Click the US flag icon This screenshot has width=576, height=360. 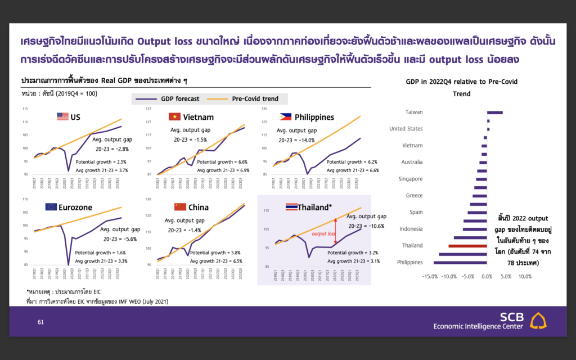click(x=62, y=116)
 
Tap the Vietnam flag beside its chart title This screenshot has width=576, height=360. click(x=174, y=116)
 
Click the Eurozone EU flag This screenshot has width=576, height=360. click(x=51, y=207)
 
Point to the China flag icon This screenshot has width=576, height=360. click(x=180, y=207)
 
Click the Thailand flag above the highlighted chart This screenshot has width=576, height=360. click(x=292, y=207)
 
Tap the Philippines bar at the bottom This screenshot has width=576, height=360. click(x=460, y=263)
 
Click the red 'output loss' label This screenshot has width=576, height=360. click(x=323, y=233)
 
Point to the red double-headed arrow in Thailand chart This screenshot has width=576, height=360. click(x=335, y=232)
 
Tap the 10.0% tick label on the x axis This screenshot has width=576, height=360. click(x=524, y=277)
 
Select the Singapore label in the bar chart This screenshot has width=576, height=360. click(x=411, y=179)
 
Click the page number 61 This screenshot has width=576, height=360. click(x=40, y=322)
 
